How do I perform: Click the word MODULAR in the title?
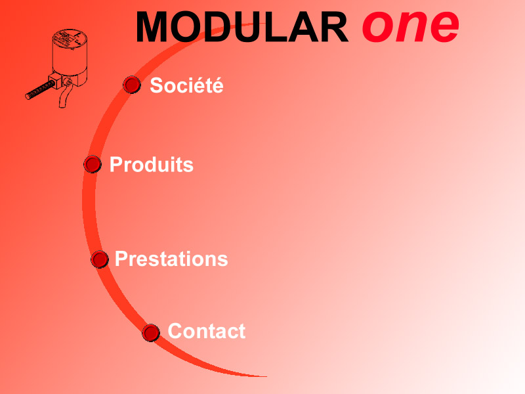[241, 27]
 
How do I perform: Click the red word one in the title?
[411, 26]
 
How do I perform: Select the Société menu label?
[186, 85]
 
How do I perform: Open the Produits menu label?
[152, 164]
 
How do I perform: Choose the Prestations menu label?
[171, 259]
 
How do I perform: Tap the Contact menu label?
[206, 331]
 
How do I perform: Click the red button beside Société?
[132, 85]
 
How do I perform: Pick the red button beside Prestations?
[100, 259]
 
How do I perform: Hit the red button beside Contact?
[151, 333]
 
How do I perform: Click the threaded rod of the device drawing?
[39, 90]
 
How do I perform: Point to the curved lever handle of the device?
[65, 97]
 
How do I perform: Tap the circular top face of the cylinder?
[70, 37]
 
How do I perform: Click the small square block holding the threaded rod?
[55, 81]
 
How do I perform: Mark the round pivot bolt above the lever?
[68, 81]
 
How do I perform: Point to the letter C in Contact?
[175, 331]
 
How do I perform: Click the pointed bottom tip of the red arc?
[266, 376]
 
